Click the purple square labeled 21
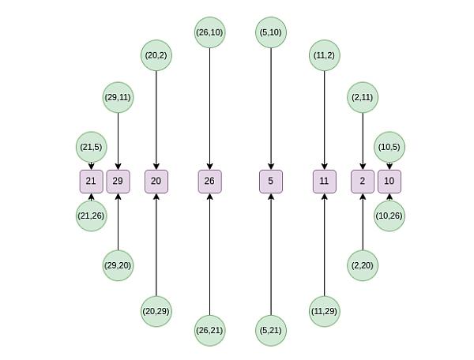[x=92, y=182]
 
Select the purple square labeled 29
[x=118, y=182]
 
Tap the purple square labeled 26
[x=210, y=182]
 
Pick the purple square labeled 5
[x=271, y=182]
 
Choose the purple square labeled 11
[x=325, y=182]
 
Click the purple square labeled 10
[x=389, y=182]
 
